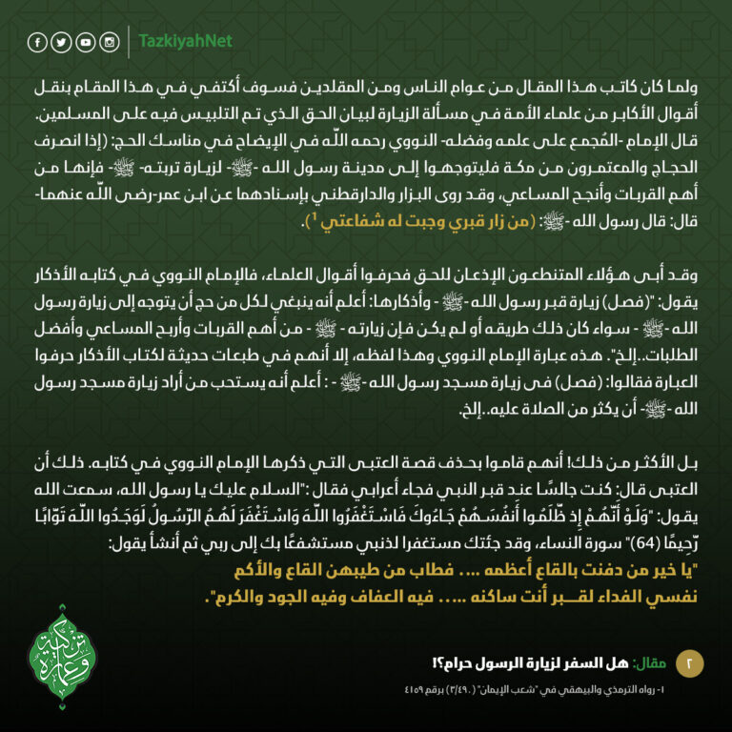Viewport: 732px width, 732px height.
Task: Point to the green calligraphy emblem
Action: pos(63,647)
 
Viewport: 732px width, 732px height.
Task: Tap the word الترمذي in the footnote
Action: pos(629,689)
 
